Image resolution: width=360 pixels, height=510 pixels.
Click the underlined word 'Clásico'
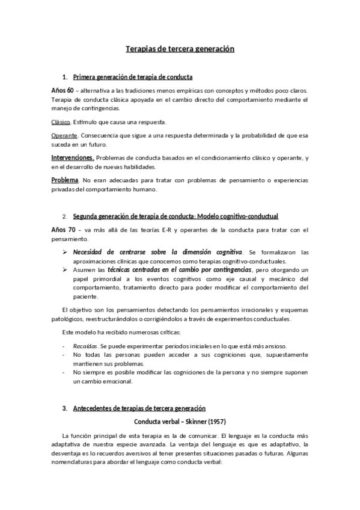61,122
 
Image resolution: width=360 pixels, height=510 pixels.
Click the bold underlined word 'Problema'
65,180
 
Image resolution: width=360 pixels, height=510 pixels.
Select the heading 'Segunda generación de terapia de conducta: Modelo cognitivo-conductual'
175,217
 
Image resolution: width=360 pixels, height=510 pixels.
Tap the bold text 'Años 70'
62,229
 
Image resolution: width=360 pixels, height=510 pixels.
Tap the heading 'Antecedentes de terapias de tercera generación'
139,408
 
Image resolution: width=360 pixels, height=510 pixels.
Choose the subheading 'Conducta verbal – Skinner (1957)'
180,421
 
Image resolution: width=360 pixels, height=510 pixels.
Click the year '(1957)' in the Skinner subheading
214,421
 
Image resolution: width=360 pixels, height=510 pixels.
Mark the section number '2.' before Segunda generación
64,217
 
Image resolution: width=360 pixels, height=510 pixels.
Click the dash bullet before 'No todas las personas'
64,355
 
